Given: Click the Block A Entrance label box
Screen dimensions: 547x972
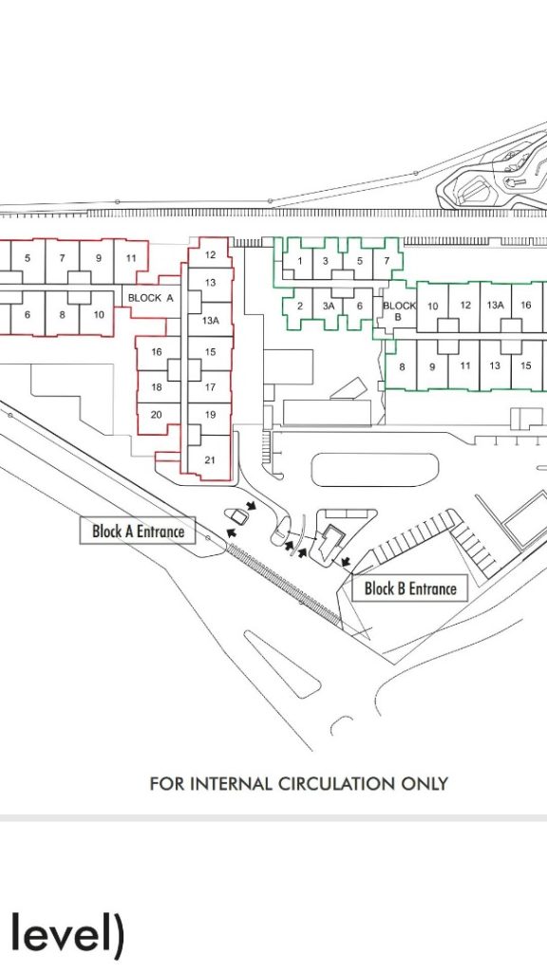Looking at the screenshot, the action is pyautogui.click(x=138, y=531).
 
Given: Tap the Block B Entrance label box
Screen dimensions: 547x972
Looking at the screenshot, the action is pyautogui.click(x=409, y=588).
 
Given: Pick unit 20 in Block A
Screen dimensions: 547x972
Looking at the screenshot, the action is pyautogui.click(x=157, y=415).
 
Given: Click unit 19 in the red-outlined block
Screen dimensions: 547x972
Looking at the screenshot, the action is pyautogui.click(x=210, y=415).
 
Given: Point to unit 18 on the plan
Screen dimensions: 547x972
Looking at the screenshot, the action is pyautogui.click(x=157, y=387).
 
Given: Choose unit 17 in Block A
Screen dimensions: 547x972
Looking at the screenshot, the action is pyautogui.click(x=210, y=387).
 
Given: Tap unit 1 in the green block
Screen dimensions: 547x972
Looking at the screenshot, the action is pyautogui.click(x=299, y=260).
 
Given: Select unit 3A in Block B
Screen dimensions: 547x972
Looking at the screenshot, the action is pyautogui.click(x=328, y=306).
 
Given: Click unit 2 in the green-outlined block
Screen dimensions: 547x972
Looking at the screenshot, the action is pyautogui.click(x=299, y=306).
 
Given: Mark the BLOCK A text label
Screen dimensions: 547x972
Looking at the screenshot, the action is pyautogui.click(x=151, y=297).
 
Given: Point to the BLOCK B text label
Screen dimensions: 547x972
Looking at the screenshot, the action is pyautogui.click(x=399, y=310).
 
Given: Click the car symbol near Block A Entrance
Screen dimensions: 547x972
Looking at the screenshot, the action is pyautogui.click(x=236, y=515).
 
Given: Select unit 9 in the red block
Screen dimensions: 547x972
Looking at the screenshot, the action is pyautogui.click(x=98, y=258).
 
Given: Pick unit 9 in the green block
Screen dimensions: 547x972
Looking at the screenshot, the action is pyautogui.click(x=432, y=366).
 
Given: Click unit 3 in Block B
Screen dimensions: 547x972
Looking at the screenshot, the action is pyautogui.click(x=326, y=260).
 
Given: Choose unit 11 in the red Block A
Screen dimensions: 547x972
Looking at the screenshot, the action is pyautogui.click(x=131, y=258).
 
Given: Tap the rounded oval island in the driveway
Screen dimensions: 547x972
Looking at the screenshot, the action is pyautogui.click(x=374, y=470).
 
